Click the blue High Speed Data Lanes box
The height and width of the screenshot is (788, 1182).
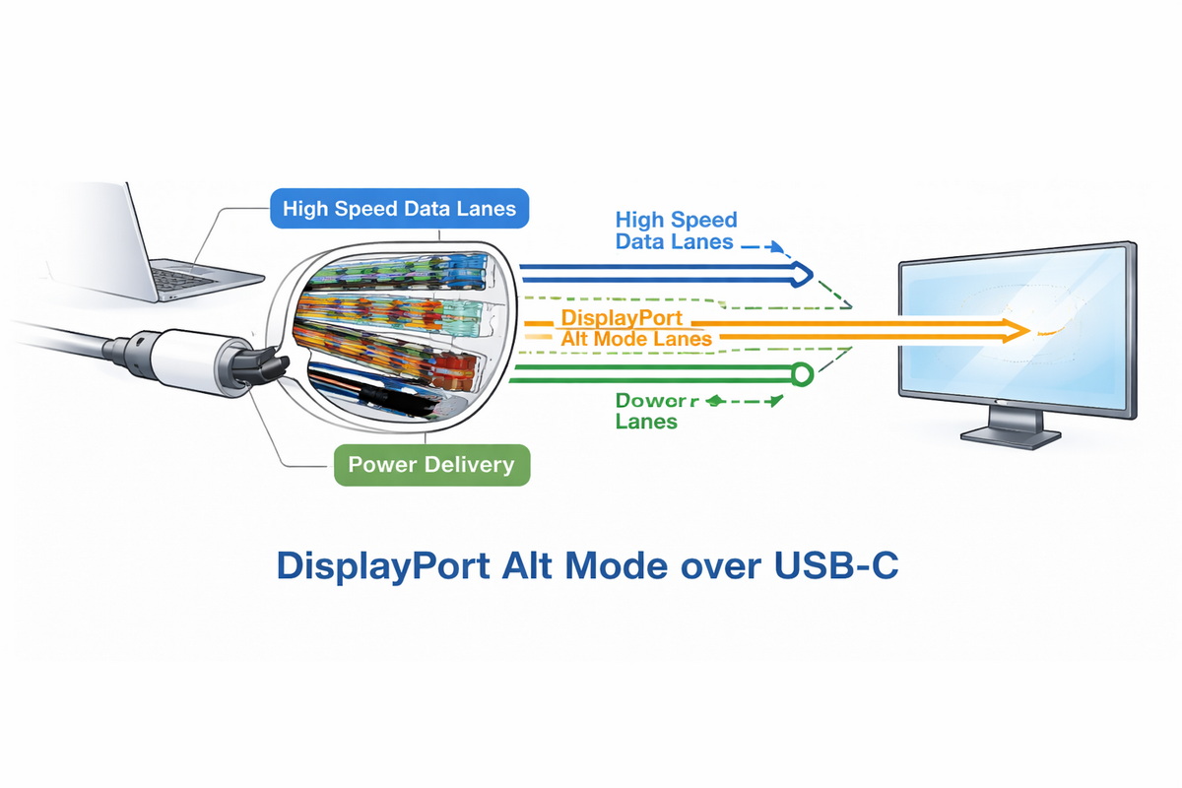point(399,209)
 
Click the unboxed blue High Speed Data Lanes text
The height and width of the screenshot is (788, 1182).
point(675,230)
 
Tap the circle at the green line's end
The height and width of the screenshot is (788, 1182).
point(802,374)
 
